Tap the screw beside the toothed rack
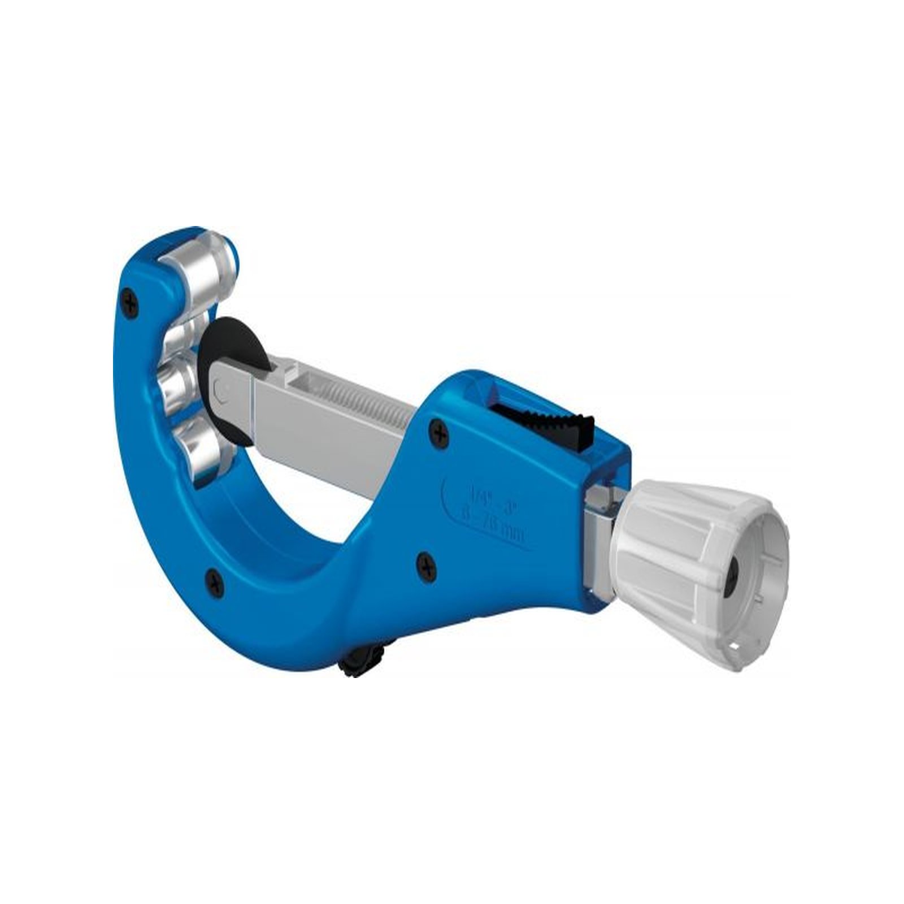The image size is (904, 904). pos(440,434)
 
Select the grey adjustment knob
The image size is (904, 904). pos(689,542)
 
